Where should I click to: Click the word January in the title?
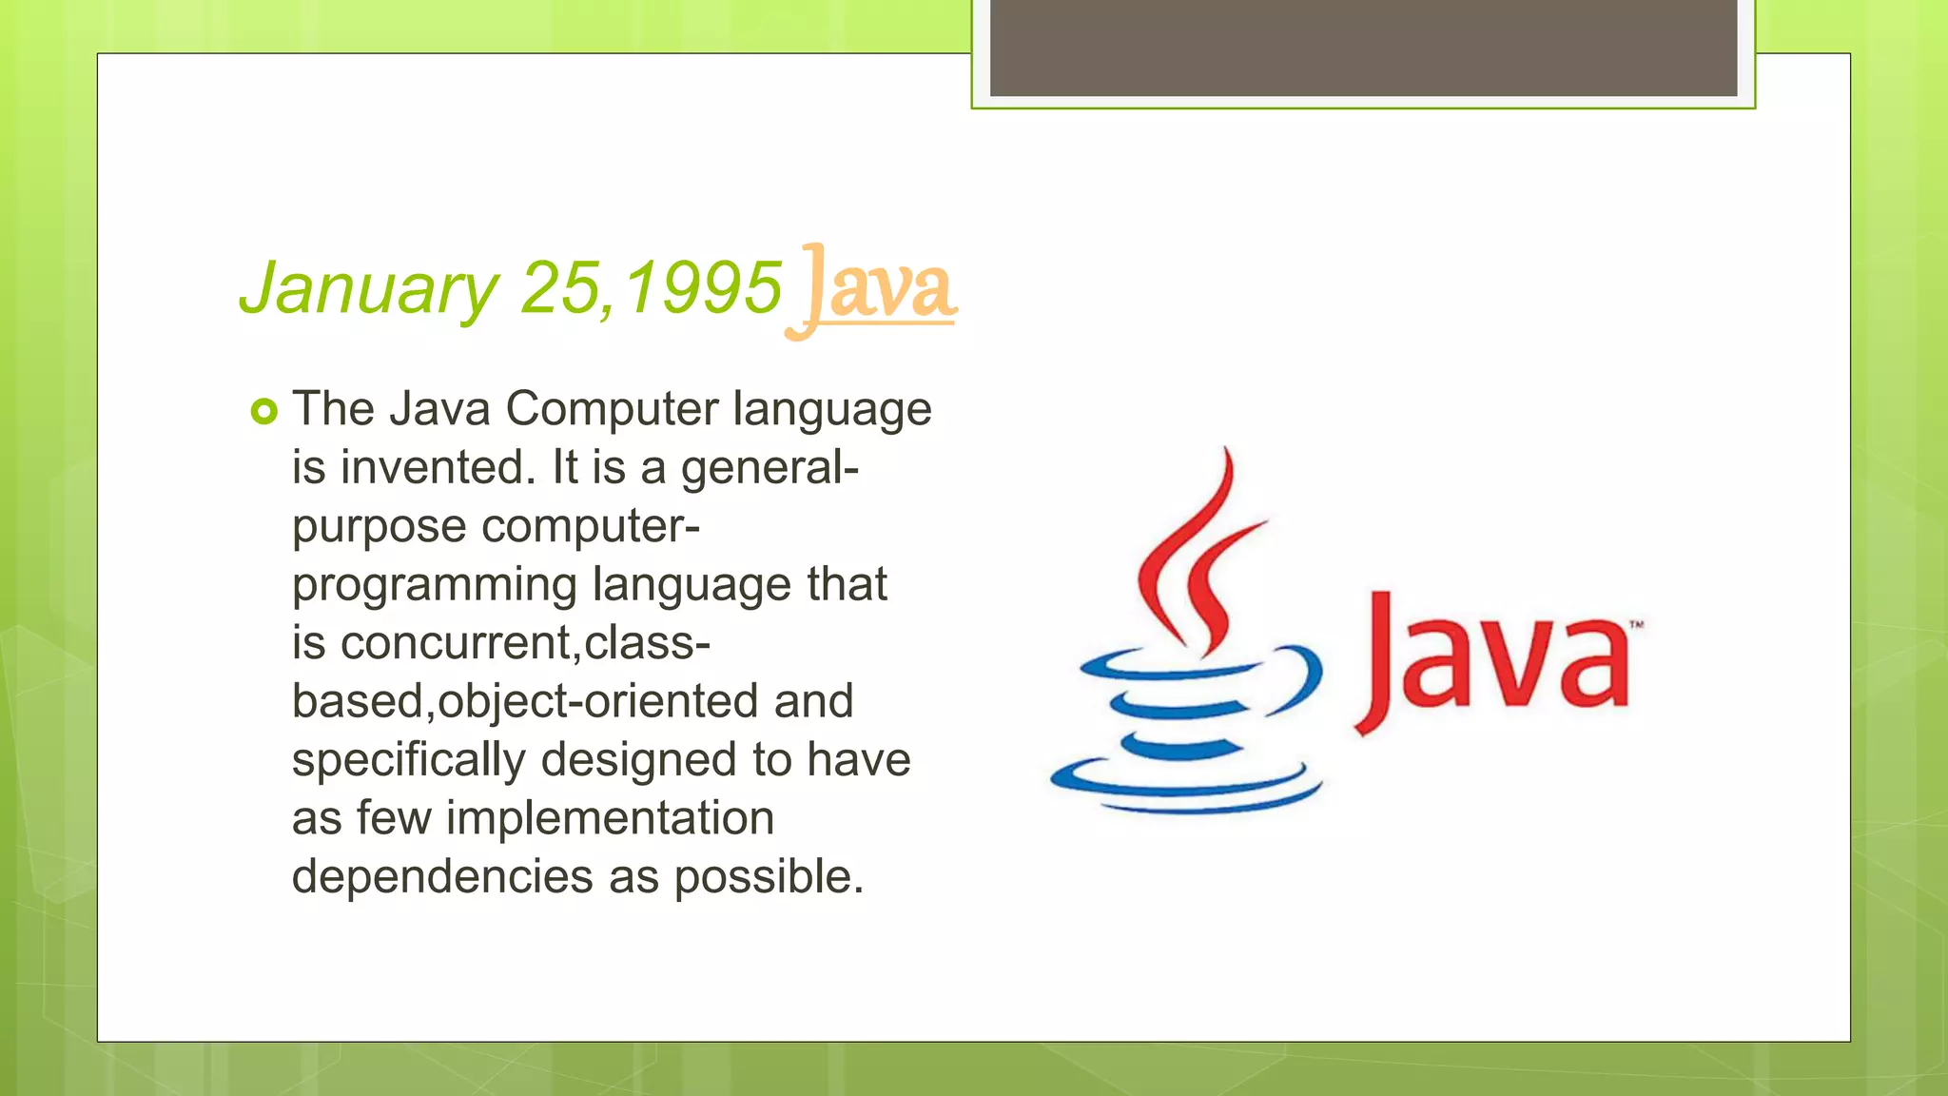pyautogui.click(x=369, y=287)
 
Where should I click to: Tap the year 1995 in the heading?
pyautogui.click(x=704, y=287)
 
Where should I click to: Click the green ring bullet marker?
pyautogui.click(x=263, y=412)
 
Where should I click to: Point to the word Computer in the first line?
pyautogui.click(x=612, y=409)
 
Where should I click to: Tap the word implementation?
pyautogui.click(x=610, y=818)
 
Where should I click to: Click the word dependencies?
pyautogui.click(x=442, y=876)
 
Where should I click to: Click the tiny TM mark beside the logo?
pyautogui.click(x=1636, y=625)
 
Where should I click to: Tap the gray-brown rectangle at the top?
pyautogui.click(x=1363, y=48)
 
